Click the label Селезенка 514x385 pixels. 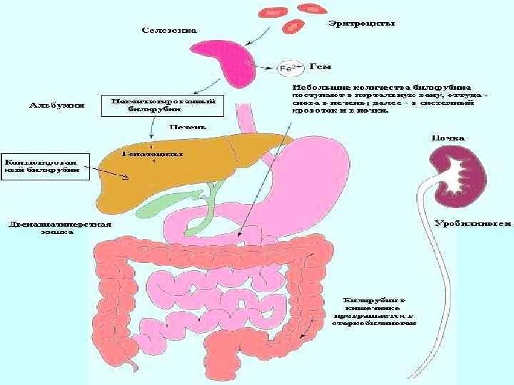[168, 31]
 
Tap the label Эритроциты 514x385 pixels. [361, 24]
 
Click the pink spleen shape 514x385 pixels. [226, 61]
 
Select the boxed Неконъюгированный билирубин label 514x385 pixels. [159, 106]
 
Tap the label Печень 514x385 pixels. [187, 126]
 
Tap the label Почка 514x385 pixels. [448, 137]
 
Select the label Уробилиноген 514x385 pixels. [472, 222]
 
